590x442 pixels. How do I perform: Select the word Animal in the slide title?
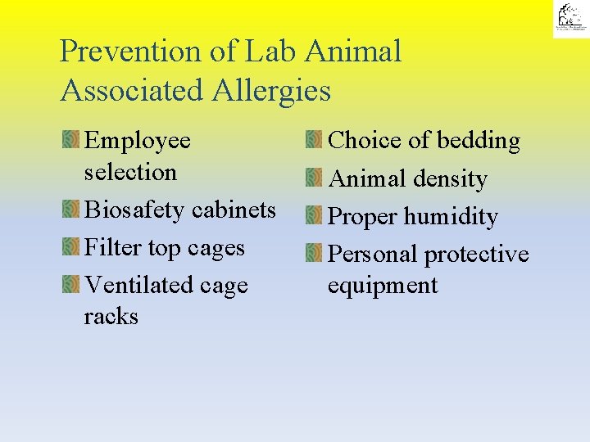pyautogui.click(x=353, y=52)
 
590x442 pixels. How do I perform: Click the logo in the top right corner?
pyautogui.click(x=570, y=19)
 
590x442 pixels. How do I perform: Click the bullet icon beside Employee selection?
pyautogui.click(x=70, y=141)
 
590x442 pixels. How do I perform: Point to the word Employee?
pyautogui.click(x=138, y=141)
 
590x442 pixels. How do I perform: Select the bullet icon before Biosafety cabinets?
pyautogui.click(x=70, y=210)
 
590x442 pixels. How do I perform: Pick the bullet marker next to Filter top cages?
pyautogui.click(x=70, y=247)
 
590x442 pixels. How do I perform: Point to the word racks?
pyautogui.click(x=111, y=317)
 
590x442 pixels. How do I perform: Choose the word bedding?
pyautogui.click(x=479, y=141)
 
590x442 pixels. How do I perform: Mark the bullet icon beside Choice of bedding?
pyautogui.click(x=314, y=141)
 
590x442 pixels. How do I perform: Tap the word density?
pyautogui.click(x=450, y=179)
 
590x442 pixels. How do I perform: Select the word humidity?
pyautogui.click(x=451, y=217)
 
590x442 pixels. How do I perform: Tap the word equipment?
pyautogui.click(x=383, y=286)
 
